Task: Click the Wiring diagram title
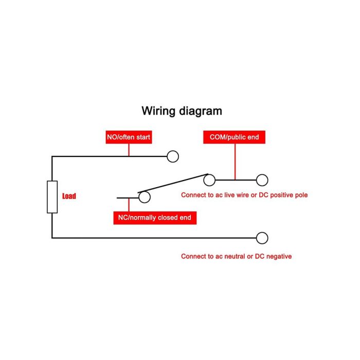(x=182, y=111)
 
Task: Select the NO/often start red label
(x=129, y=137)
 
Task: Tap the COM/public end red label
(x=234, y=137)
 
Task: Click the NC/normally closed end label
(x=154, y=218)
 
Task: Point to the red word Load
(x=69, y=196)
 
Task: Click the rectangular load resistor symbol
(x=52, y=197)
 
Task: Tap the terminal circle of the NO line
(x=173, y=156)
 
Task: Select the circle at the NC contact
(x=144, y=196)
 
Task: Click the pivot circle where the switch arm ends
(x=209, y=180)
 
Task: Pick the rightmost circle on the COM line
(x=262, y=180)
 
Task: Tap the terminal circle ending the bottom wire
(x=262, y=238)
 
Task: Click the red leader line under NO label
(x=129, y=150)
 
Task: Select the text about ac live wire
(x=244, y=195)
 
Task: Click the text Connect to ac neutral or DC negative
(x=236, y=256)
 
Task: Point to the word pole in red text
(x=301, y=195)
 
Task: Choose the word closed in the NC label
(x=165, y=218)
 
